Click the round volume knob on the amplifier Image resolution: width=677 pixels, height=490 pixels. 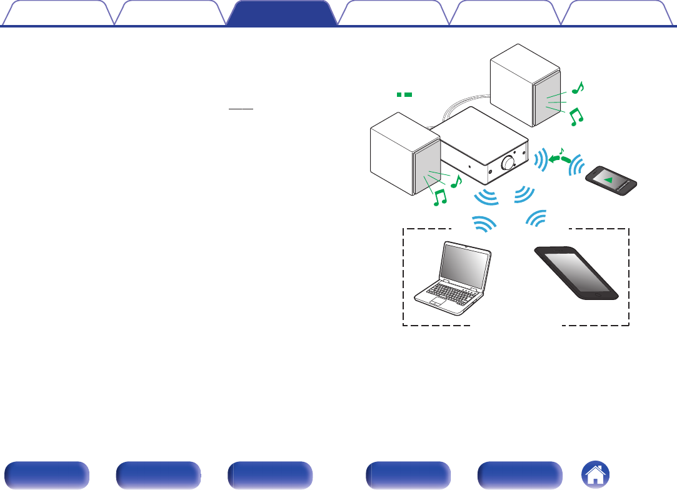508,162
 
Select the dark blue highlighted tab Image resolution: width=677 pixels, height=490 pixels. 279,13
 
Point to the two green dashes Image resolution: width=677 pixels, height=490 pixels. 403,94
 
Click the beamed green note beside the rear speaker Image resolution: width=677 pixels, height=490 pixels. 576,116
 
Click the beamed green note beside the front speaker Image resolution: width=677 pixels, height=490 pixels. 440,198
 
